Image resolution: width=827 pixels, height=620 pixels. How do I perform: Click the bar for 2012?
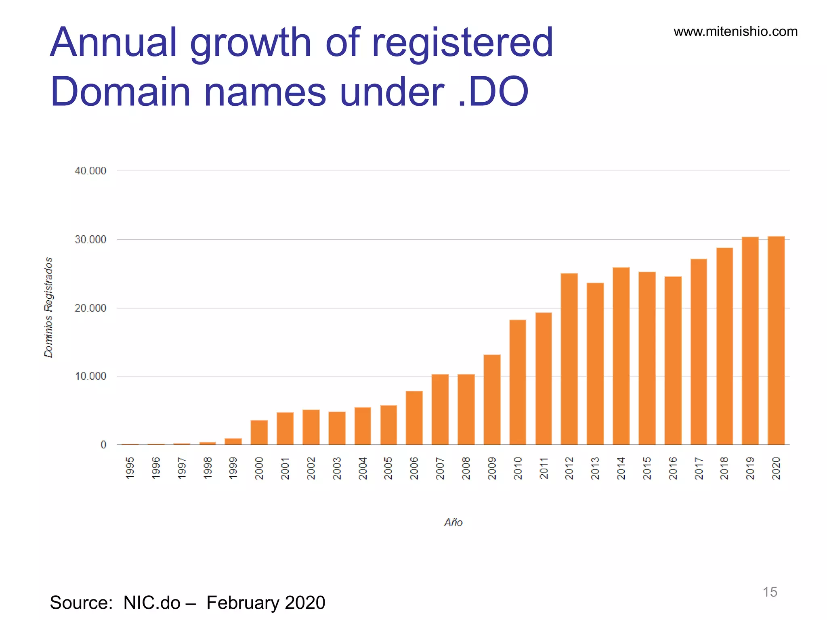pyautogui.click(x=569, y=359)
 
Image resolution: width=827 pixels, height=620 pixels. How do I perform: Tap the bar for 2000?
pyautogui.click(x=259, y=432)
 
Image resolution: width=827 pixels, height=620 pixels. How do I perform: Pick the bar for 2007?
pyautogui.click(x=440, y=409)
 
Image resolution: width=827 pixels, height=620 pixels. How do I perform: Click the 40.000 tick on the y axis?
pyautogui.click(x=90, y=171)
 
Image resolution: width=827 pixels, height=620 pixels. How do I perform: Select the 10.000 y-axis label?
pyautogui.click(x=90, y=376)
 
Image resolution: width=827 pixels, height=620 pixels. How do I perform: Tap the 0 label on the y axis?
pyautogui.click(x=103, y=444)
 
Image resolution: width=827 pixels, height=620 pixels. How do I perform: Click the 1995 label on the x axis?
pyautogui.click(x=130, y=468)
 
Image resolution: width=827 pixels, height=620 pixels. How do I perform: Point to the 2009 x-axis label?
pyautogui.click(x=492, y=468)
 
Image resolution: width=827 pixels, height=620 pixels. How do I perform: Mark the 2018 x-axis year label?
pyautogui.click(x=724, y=468)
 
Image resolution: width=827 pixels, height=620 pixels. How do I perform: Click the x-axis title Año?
pyautogui.click(x=453, y=522)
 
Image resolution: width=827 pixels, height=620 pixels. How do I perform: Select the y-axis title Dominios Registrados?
pyautogui.click(x=48, y=307)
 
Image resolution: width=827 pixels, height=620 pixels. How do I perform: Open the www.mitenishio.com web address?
pyautogui.click(x=735, y=31)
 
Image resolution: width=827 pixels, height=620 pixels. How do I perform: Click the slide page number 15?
pyautogui.click(x=770, y=592)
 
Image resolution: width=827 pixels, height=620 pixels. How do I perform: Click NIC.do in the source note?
pyautogui.click(x=152, y=603)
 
